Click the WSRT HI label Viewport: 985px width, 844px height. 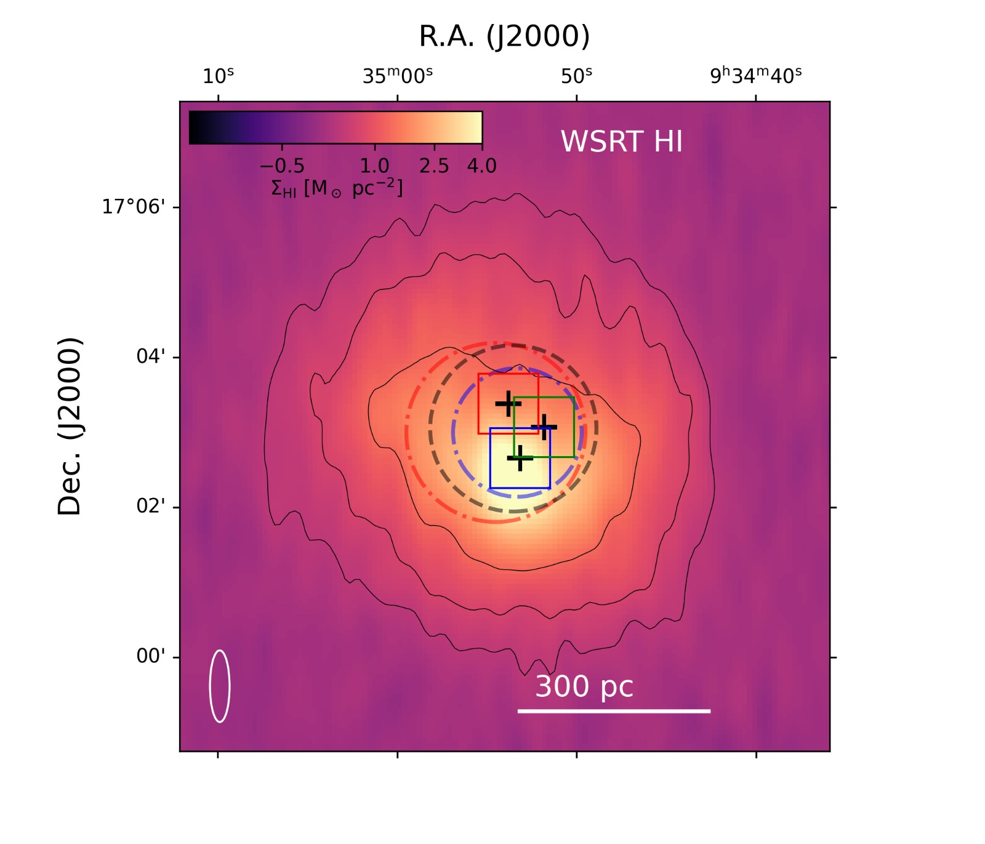point(621,142)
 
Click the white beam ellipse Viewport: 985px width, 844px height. point(220,686)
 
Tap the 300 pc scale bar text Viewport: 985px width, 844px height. point(584,686)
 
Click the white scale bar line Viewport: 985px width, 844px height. point(614,711)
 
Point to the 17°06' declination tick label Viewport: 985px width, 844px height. point(134,207)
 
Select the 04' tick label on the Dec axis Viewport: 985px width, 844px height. point(151,356)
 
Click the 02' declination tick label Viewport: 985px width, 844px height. point(151,507)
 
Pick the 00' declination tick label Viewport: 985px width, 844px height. point(151,656)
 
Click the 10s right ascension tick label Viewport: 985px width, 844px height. point(218,76)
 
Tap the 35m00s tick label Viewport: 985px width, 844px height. point(398,76)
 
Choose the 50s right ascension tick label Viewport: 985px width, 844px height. point(576,76)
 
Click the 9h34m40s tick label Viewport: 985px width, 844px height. point(756,76)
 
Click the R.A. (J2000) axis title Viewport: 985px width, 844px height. point(504,36)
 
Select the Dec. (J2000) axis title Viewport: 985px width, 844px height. point(70,426)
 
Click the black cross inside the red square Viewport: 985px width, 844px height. point(509,404)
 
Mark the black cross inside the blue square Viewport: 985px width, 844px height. point(520,458)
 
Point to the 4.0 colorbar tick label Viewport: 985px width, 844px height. point(481,166)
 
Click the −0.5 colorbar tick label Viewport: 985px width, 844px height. point(282,166)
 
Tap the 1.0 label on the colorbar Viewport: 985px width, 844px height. point(374,166)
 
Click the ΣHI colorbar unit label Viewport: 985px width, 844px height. point(337,188)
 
